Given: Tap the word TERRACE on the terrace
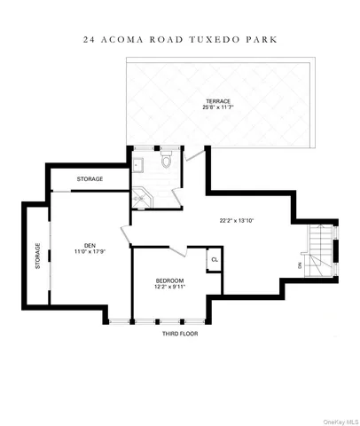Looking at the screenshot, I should click(217, 101).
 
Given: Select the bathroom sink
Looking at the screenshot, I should click(137, 163).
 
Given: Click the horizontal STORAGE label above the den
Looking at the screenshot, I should click(90, 178).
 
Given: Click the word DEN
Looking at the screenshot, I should click(90, 246).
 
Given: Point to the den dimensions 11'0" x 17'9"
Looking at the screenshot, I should click(90, 253).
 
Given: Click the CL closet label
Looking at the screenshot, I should click(213, 259).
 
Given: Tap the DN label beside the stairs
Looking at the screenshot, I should click(301, 264).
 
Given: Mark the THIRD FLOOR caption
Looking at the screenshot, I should click(180, 334).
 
